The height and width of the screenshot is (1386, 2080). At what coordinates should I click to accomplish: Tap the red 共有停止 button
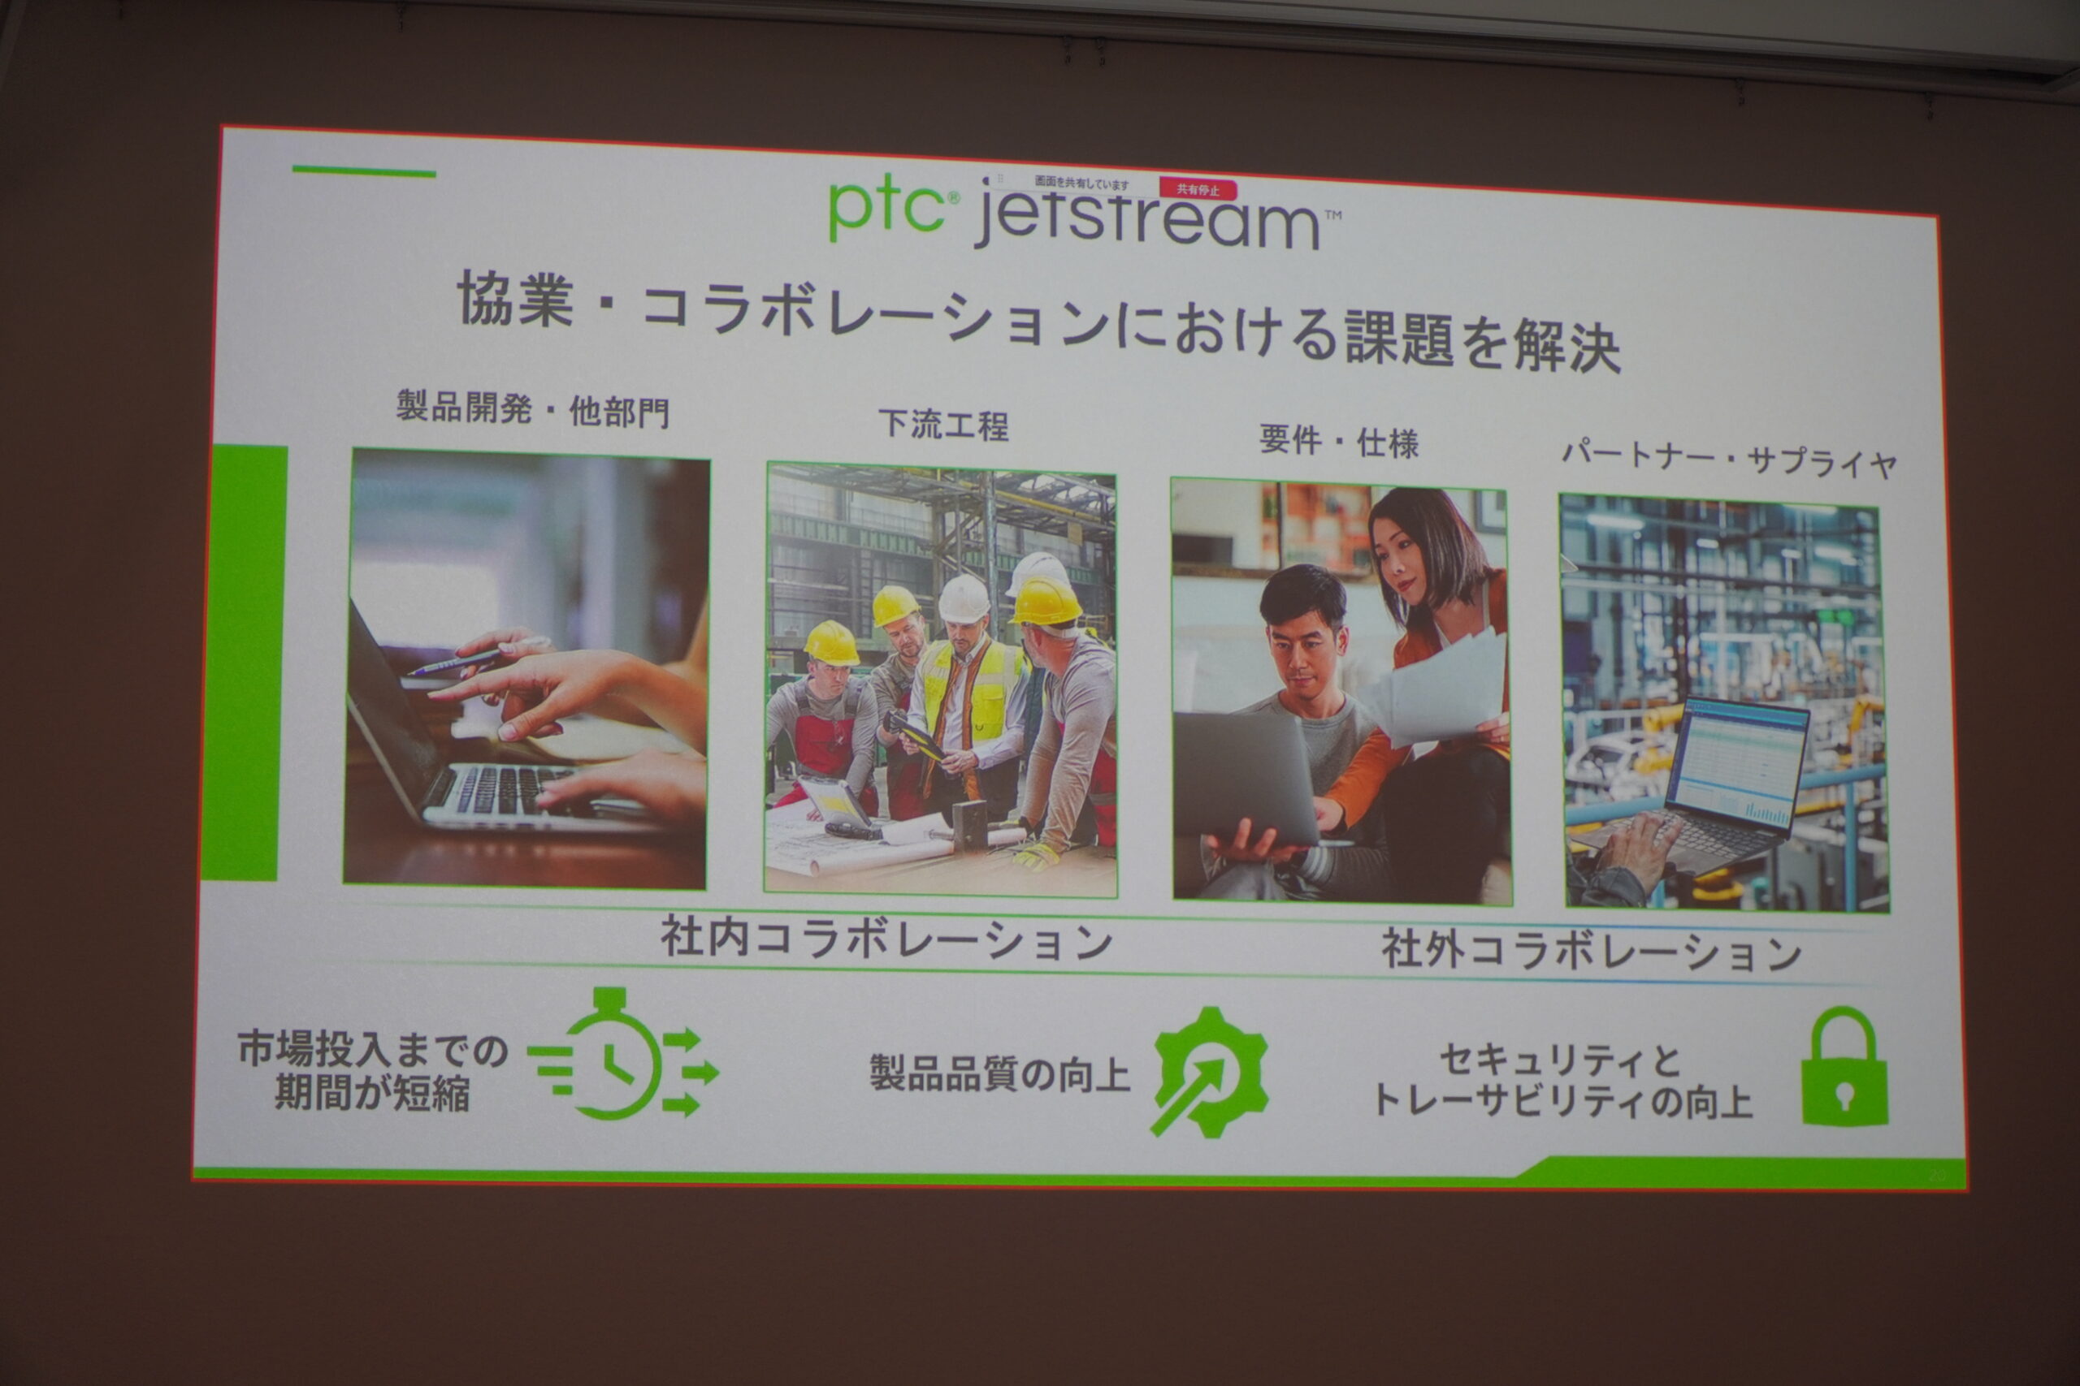click(1198, 190)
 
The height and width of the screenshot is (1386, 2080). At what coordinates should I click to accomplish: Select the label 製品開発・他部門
click(532, 409)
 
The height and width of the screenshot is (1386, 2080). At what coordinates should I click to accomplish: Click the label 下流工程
click(943, 425)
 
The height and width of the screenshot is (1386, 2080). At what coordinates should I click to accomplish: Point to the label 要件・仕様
click(1339, 441)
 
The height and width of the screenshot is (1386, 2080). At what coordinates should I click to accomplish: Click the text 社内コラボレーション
click(886, 939)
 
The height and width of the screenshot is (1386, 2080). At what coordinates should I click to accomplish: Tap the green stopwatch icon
click(623, 1056)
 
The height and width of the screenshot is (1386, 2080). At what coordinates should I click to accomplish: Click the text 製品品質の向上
click(1000, 1075)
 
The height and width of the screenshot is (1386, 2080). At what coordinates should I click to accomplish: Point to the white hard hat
click(963, 599)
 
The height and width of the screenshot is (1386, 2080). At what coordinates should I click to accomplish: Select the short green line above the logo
click(363, 171)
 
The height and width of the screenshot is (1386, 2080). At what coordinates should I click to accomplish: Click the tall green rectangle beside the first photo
click(244, 662)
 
